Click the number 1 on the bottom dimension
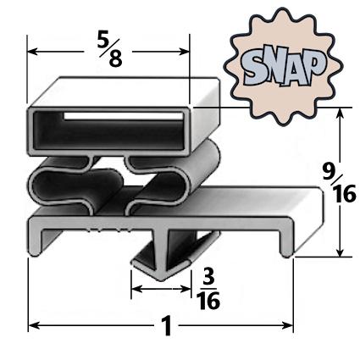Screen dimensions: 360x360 (166, 325)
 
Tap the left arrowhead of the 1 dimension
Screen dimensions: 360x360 (34, 324)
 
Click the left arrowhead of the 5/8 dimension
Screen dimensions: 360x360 (34, 52)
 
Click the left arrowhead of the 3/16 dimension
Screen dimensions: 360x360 (135, 290)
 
